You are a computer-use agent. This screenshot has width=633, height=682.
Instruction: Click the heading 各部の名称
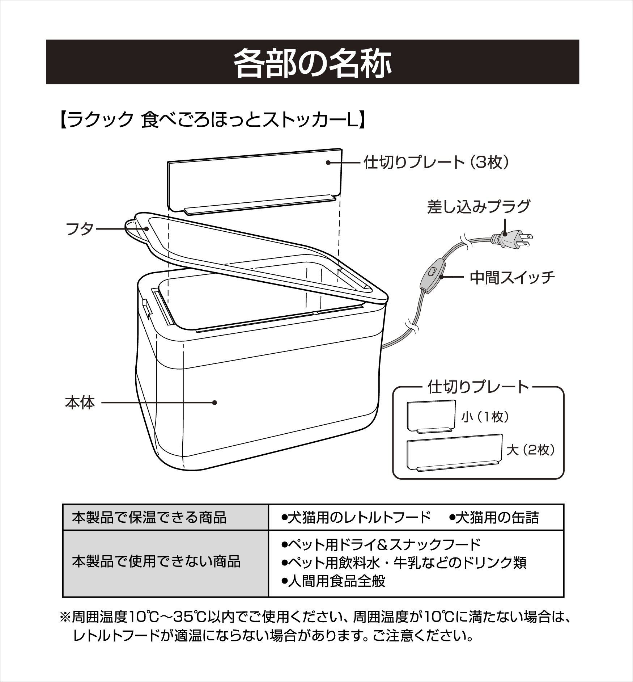click(x=313, y=62)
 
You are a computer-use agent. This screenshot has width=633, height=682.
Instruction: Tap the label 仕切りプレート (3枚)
click(x=437, y=163)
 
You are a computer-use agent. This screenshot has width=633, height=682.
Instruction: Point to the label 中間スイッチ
click(x=512, y=277)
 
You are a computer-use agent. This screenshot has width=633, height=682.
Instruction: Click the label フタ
click(x=80, y=229)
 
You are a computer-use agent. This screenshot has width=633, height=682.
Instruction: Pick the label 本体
click(x=80, y=403)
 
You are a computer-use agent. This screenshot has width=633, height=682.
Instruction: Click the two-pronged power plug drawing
click(x=511, y=239)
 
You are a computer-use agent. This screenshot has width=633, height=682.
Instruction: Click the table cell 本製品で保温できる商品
click(x=149, y=517)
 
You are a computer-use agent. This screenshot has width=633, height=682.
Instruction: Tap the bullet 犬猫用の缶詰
click(x=494, y=518)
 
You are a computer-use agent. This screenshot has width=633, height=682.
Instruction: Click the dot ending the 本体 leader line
click(x=214, y=403)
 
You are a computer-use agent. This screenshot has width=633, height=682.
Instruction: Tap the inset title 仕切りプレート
click(x=478, y=387)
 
